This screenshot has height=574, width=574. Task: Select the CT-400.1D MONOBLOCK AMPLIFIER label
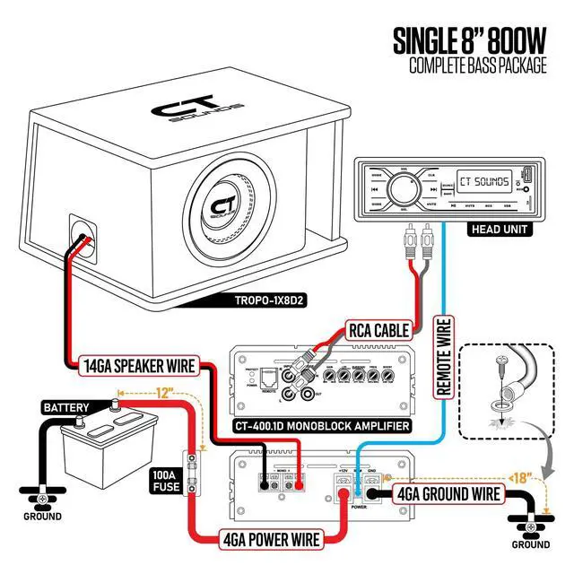321,425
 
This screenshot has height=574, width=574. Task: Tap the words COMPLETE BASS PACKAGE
477,66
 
